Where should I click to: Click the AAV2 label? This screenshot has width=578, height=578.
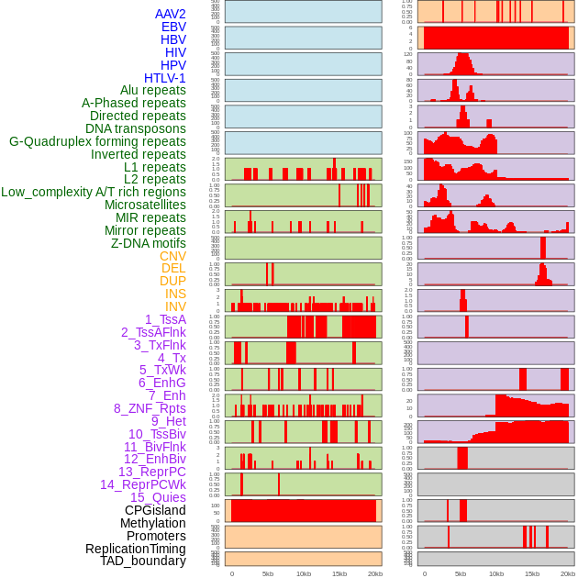click(170, 14)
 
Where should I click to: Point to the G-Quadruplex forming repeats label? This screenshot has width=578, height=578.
click(97, 141)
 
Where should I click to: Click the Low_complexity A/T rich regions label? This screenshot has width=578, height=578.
click(94, 192)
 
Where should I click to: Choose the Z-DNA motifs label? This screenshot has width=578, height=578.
click(148, 243)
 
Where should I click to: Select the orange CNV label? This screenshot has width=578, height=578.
click(172, 256)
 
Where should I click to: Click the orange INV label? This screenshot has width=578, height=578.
click(175, 306)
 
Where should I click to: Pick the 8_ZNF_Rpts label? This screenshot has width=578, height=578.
click(150, 408)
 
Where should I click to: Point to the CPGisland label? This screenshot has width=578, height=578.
click(155, 510)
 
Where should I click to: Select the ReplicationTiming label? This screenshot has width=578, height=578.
click(135, 549)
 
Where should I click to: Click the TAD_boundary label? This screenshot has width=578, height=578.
click(142, 561)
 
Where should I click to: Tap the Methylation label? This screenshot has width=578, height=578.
click(152, 523)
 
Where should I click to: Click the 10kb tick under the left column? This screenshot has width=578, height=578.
click(304, 573)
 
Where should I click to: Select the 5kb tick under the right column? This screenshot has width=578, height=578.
click(461, 573)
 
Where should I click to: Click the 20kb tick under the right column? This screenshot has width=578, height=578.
click(568, 573)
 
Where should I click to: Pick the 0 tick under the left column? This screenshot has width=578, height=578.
click(231, 573)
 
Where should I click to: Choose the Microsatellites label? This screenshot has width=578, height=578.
click(145, 205)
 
